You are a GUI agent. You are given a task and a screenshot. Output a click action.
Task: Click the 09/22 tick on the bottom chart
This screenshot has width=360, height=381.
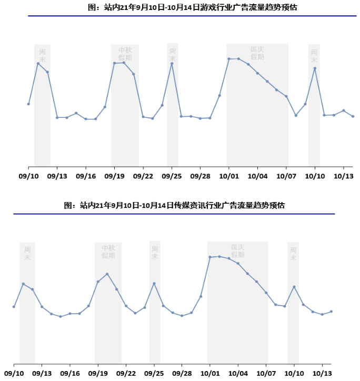126,373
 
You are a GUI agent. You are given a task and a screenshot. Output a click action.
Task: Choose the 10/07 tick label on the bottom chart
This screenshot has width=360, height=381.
266,373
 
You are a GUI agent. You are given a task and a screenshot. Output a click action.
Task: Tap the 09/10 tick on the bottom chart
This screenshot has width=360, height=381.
14,373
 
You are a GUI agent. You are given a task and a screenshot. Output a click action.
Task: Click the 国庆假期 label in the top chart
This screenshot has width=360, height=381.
257,53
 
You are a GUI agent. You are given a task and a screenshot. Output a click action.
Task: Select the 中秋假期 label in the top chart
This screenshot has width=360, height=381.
125,53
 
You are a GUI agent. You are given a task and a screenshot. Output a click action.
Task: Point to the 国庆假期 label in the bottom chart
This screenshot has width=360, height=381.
238,251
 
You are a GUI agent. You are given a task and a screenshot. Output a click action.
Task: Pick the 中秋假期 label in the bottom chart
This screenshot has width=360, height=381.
108,252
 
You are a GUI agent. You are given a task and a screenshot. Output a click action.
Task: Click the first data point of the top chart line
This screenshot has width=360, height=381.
28,104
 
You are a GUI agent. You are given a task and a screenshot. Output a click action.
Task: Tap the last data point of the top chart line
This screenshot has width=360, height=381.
353,116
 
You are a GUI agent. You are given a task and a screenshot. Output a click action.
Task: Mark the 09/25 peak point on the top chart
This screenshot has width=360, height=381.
172,64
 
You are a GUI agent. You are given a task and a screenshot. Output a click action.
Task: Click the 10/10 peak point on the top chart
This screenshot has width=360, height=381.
315,68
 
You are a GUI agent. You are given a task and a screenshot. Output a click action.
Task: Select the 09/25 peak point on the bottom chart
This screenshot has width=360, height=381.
154,283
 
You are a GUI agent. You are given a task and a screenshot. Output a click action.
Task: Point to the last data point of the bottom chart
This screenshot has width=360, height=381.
331,312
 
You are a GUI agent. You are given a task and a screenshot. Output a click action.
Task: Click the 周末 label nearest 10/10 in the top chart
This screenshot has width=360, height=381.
314,56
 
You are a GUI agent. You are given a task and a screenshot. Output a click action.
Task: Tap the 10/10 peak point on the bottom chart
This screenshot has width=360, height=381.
294,287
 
